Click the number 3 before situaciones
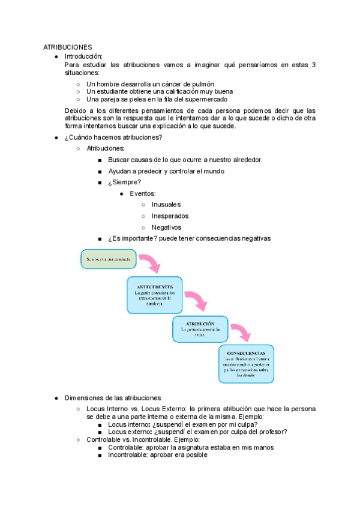[x=314, y=64]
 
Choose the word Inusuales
[x=166, y=205]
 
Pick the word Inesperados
[x=170, y=216]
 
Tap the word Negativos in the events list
[x=166, y=227]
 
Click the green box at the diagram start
[x=106, y=259]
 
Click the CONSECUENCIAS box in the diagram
[x=246, y=364]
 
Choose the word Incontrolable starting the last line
[x=128, y=455]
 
